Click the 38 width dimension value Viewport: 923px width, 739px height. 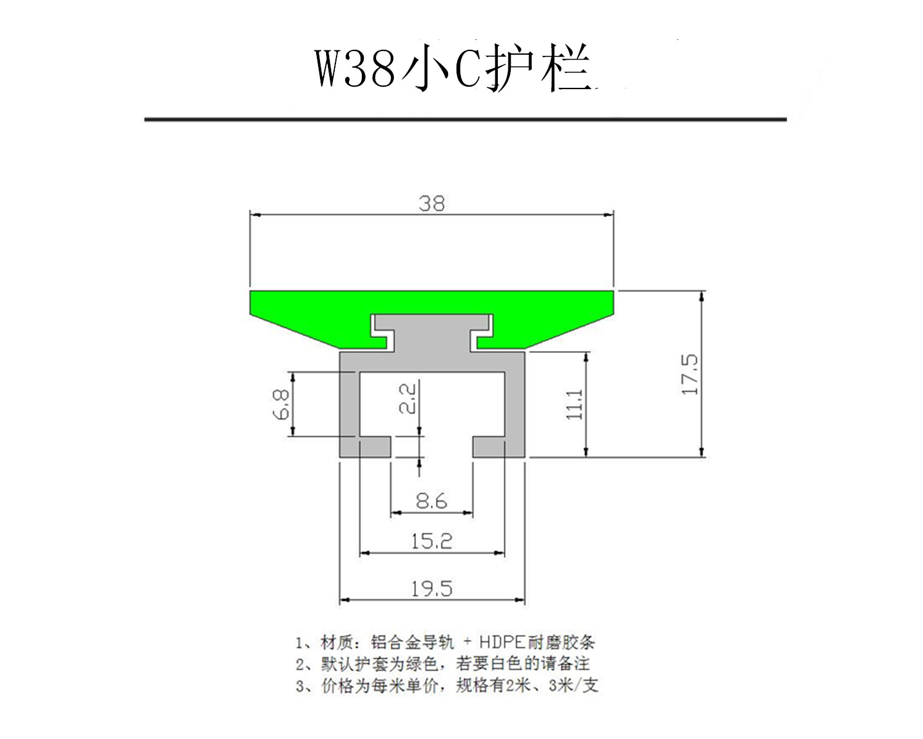point(431,204)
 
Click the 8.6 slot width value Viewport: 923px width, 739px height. point(431,502)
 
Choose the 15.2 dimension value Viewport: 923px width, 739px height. point(431,541)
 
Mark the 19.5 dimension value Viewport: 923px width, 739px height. point(431,589)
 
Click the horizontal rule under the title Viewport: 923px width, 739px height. point(465,119)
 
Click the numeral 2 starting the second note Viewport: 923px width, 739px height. point(300,665)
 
